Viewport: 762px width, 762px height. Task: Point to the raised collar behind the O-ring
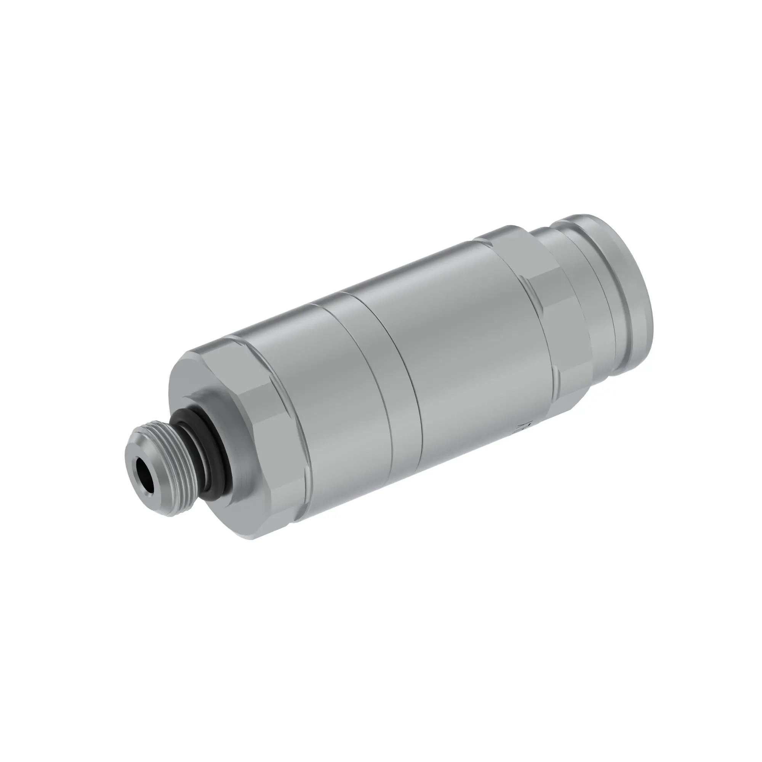pos(221,426)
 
